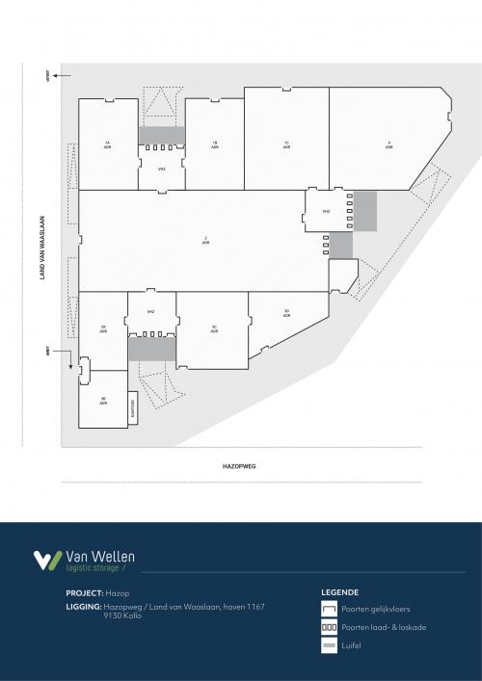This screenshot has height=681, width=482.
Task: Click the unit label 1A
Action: (x=108, y=144)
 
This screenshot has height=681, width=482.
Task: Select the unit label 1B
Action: (x=214, y=144)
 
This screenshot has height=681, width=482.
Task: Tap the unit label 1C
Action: (x=286, y=144)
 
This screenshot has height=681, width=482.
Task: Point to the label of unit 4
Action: (x=388, y=144)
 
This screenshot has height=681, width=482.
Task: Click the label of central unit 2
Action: (x=205, y=239)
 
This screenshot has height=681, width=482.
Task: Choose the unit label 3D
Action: (x=286, y=312)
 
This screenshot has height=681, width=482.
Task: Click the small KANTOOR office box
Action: (x=133, y=408)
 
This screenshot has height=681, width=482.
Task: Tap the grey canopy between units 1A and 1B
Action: (x=161, y=135)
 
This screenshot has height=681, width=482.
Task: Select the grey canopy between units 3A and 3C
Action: (x=152, y=348)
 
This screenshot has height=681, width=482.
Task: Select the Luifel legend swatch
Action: (x=330, y=644)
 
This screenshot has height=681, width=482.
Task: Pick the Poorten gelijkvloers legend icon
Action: (x=330, y=610)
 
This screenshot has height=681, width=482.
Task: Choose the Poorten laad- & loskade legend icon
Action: (x=330, y=627)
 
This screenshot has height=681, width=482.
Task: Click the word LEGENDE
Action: (x=340, y=592)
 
